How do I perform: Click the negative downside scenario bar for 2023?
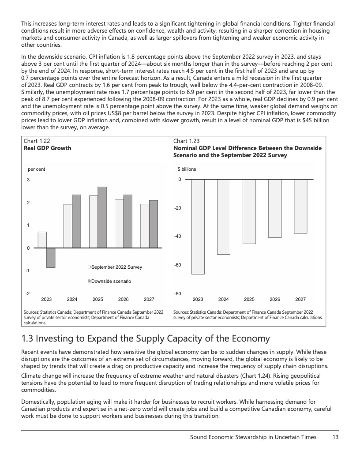click(51, 258)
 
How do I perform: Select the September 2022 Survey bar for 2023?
click(42, 240)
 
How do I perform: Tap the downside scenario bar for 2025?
click(102, 217)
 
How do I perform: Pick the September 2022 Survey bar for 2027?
click(145, 225)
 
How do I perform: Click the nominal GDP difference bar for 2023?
click(198, 227)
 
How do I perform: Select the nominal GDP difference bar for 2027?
click(300, 206)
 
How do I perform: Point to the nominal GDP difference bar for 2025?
click(249, 211)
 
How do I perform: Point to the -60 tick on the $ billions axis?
click(178, 265)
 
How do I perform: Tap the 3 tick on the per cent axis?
click(28, 180)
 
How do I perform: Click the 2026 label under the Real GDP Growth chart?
click(124, 299)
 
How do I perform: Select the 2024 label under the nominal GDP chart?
click(224, 299)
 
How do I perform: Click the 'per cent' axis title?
click(36, 169)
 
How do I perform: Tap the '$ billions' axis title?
click(187, 169)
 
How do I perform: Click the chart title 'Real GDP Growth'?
click(47, 148)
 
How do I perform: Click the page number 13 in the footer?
click(336, 437)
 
